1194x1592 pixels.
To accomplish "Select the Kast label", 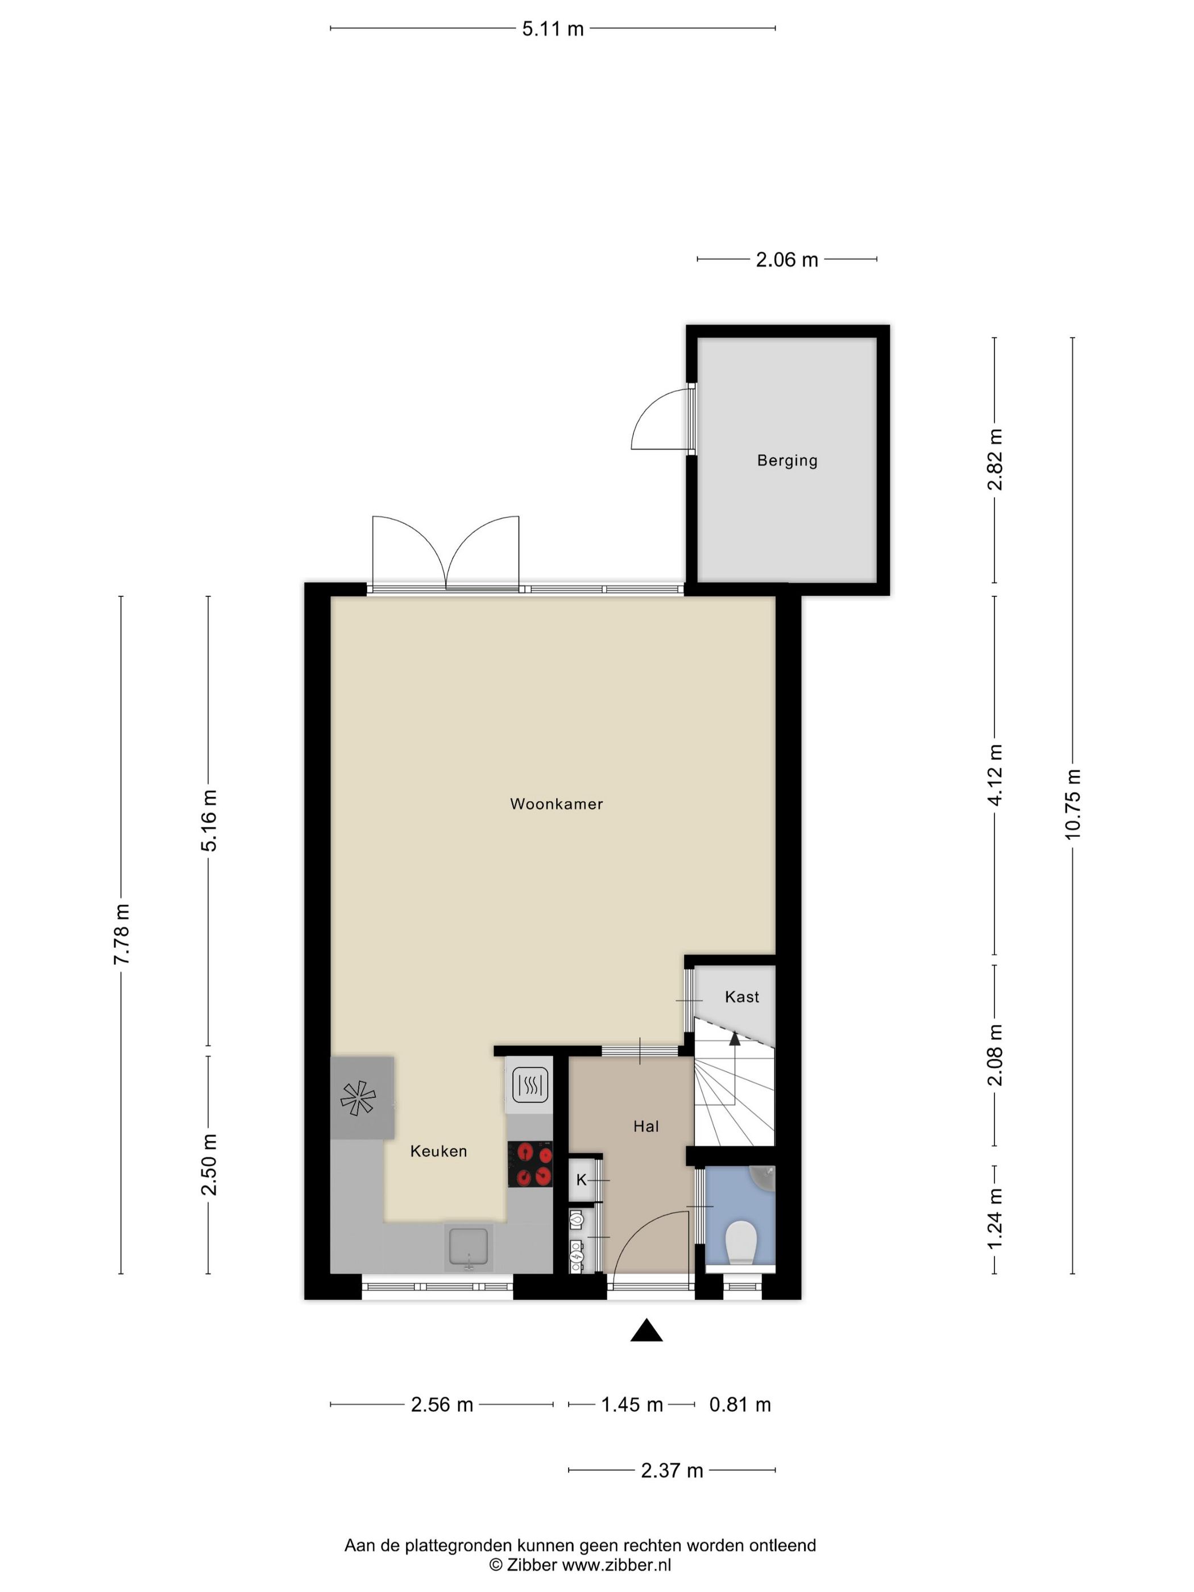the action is [742, 997].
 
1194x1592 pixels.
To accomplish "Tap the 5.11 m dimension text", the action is [553, 29].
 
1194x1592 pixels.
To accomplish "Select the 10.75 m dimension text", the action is [1072, 804].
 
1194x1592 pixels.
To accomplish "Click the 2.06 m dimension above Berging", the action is [787, 260].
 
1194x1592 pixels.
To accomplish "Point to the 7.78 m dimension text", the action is [121, 934].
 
